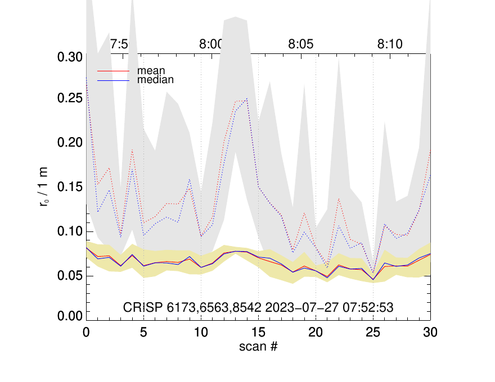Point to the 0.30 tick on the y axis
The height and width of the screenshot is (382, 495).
(70, 57)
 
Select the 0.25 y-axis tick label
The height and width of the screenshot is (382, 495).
(70, 99)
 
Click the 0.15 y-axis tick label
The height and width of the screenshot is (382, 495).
(70, 187)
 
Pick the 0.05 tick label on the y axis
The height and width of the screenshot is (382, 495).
(70, 275)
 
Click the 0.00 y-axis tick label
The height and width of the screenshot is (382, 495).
(70, 316)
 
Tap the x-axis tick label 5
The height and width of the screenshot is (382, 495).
(143, 332)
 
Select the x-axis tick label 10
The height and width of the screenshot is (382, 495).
(201, 332)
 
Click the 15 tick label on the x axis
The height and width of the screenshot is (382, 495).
(258, 332)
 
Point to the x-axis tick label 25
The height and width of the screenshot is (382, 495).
(373, 332)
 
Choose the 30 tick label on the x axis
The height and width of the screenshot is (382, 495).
(430, 332)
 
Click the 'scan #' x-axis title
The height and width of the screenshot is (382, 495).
(258, 346)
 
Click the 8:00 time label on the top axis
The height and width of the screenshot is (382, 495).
(212, 45)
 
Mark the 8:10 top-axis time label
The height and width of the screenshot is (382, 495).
(390, 45)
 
